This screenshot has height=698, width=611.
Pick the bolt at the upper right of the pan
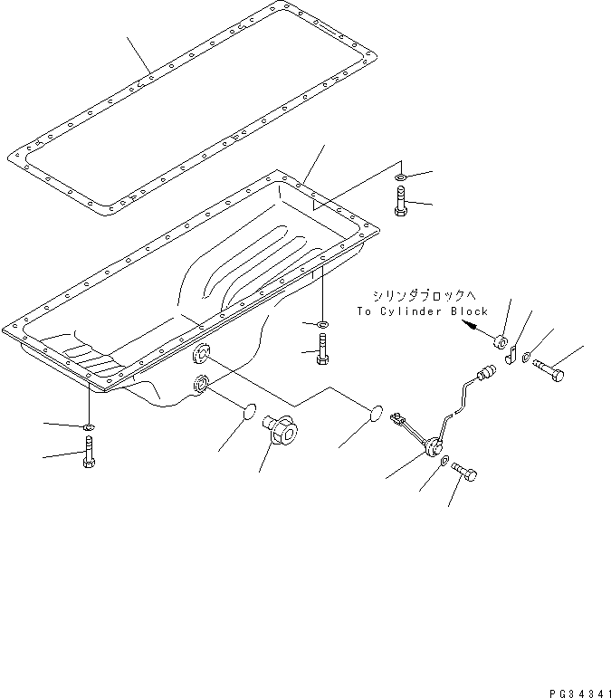tap(402, 200)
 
